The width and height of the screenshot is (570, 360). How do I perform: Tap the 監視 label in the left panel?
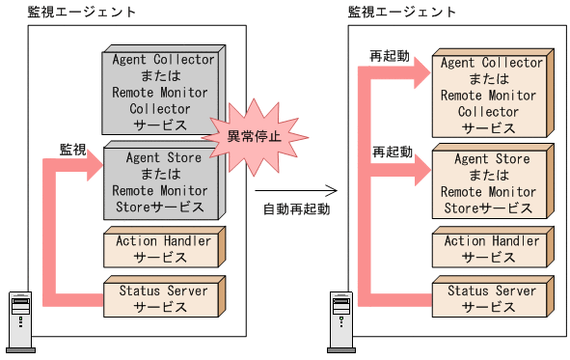tap(72, 150)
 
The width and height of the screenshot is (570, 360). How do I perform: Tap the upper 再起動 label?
tap(392, 56)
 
